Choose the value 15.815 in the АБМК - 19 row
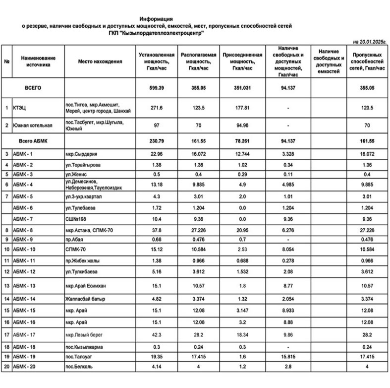coord(288,356)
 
